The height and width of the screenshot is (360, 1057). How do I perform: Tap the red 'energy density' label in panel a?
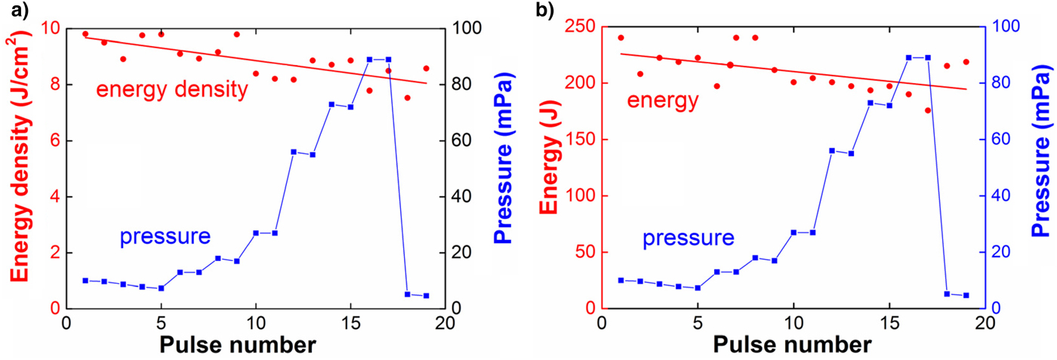pos(171,90)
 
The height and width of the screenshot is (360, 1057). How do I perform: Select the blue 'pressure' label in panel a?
pos(165,237)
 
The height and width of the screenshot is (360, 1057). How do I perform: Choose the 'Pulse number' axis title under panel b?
pos(793,346)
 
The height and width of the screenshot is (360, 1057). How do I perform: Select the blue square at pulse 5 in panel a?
pos(161,288)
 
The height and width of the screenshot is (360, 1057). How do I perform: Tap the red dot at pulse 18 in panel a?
pos(407,97)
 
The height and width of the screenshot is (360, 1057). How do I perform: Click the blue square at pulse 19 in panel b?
pos(966,295)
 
